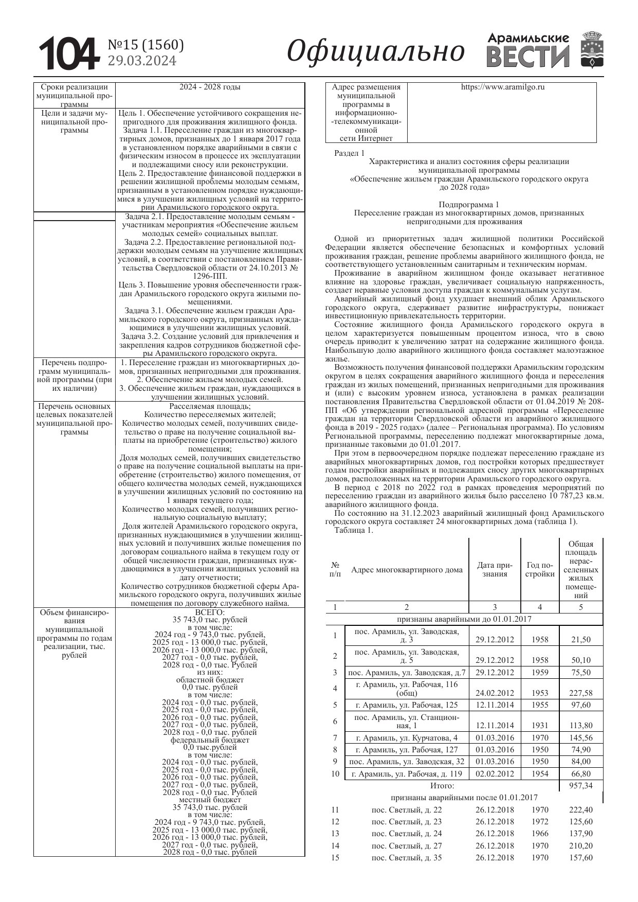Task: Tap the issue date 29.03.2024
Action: (142, 61)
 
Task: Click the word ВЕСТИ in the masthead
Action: (528, 57)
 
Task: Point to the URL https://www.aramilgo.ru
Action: (502, 87)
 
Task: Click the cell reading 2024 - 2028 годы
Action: (210, 87)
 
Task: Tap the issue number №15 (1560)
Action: (145, 45)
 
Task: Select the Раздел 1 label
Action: (349, 153)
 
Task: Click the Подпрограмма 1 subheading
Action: (468, 204)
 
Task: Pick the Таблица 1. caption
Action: (354, 530)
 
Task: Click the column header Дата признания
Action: (495, 569)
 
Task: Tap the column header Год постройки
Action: (540, 569)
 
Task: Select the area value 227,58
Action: (580, 693)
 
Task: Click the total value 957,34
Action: (580, 786)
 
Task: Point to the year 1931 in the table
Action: (540, 726)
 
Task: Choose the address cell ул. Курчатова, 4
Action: (406, 737)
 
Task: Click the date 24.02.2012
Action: (495, 693)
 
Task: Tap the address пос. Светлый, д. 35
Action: (406, 858)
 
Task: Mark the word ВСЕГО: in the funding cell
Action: (210, 612)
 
